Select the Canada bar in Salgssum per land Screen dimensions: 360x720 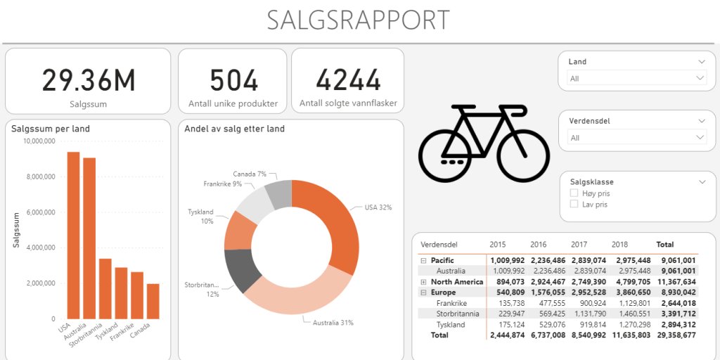153,301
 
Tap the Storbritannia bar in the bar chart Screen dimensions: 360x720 105,288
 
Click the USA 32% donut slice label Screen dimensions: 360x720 378,207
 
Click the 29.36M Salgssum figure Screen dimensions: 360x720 88,80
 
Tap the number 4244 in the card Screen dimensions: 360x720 348,80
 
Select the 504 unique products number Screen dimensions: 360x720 233,80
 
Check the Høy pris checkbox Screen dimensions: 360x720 574,193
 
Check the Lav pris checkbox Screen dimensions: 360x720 574,205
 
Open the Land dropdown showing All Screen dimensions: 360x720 637,79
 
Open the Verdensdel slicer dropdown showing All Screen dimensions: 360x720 637,138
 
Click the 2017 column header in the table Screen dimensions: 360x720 579,245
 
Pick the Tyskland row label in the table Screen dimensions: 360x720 451,325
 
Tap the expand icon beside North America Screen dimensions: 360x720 423,282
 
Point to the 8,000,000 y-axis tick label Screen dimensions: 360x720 39,176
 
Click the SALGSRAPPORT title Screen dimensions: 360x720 359,20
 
